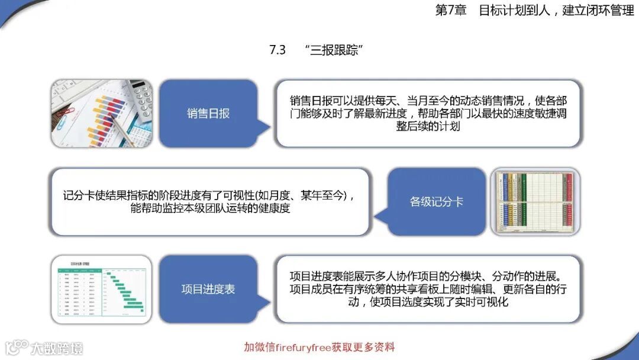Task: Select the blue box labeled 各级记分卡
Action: tap(437, 202)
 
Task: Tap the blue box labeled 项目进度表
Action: tap(208, 290)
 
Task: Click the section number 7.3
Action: tap(277, 50)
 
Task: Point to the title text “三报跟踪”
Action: tap(335, 50)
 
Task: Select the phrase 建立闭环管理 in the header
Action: tap(598, 11)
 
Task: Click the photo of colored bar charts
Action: tap(101, 113)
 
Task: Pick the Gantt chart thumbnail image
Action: tap(101, 290)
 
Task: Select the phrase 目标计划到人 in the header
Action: tap(514, 11)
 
